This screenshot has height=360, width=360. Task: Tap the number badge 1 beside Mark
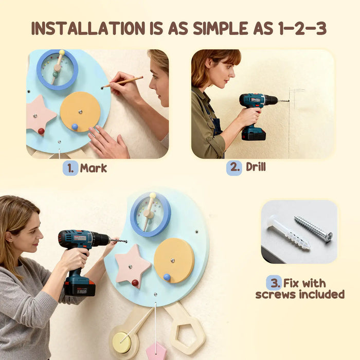coord(70,168)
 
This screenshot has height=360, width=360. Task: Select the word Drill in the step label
coord(256,167)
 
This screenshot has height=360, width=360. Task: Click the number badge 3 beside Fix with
coord(274,282)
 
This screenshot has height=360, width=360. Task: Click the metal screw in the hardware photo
coord(313,229)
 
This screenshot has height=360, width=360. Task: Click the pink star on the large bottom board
coord(132,265)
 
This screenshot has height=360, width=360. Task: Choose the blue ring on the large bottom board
coord(150,214)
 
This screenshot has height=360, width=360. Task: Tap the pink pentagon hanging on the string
coord(155,351)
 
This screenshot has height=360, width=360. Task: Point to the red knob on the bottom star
coord(135,282)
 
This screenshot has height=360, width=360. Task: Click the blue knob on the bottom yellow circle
coord(167,277)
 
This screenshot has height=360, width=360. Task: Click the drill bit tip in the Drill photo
coord(288,101)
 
